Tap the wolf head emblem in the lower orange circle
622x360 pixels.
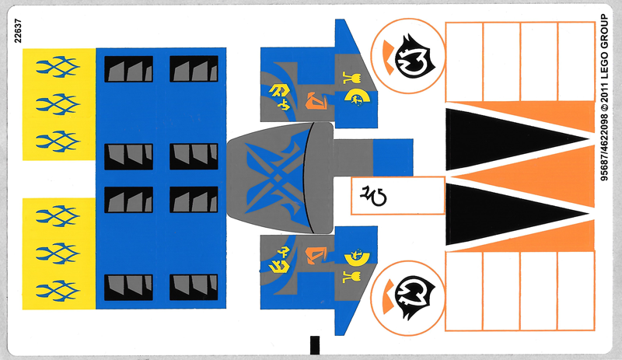pyautogui.click(x=409, y=294)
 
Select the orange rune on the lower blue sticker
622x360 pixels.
pyautogui.click(x=318, y=252)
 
